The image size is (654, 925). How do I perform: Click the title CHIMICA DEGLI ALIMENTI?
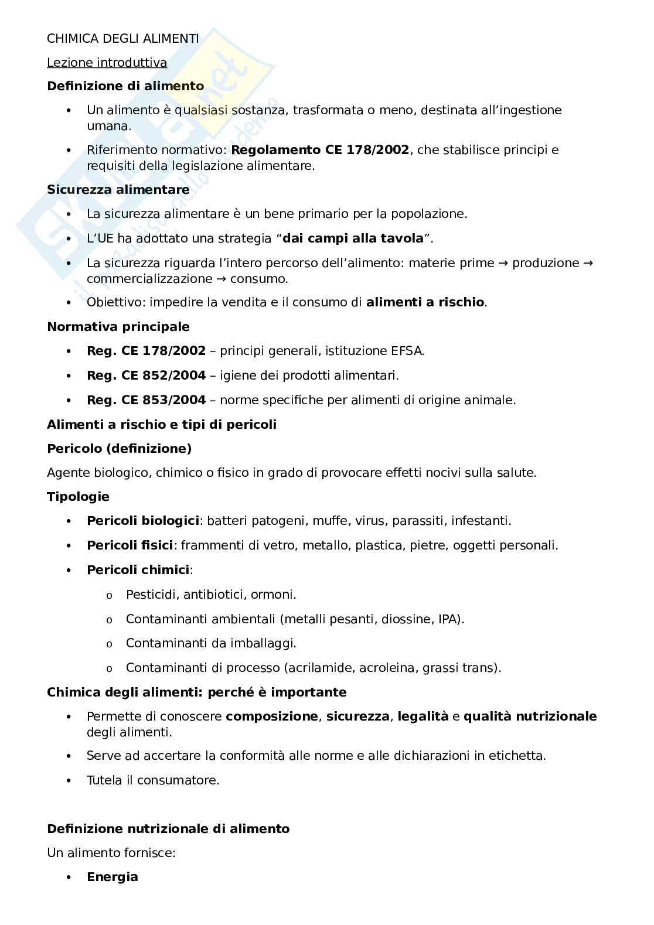(122, 39)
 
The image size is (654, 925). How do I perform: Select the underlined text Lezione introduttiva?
(107, 63)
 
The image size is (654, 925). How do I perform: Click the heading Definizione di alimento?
(125, 86)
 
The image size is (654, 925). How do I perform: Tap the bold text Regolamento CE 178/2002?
(320, 150)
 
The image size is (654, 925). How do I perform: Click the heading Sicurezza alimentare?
(118, 190)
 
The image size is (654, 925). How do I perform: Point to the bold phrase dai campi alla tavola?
(353, 238)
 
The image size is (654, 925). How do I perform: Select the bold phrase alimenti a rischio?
(425, 303)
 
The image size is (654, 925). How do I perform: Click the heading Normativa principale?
(118, 326)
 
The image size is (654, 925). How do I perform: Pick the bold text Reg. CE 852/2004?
(146, 376)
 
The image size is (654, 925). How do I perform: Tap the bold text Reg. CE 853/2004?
(146, 400)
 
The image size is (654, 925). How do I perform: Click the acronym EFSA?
(406, 351)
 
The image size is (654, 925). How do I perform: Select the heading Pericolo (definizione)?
(119, 449)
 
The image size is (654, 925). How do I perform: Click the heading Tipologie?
(78, 497)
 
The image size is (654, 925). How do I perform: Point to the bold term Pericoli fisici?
(130, 545)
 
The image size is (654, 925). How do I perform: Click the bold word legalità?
(423, 716)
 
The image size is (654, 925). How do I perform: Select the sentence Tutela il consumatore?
(153, 780)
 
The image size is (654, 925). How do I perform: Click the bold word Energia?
(113, 877)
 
